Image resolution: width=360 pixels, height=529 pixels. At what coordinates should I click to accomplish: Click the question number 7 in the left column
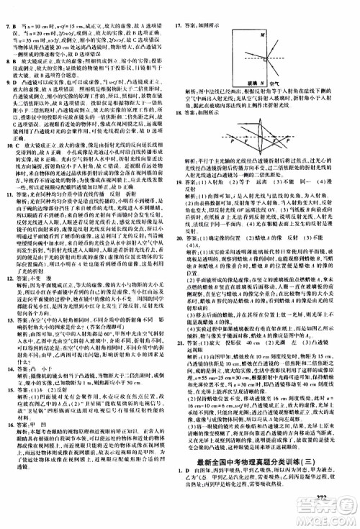tap(6, 6)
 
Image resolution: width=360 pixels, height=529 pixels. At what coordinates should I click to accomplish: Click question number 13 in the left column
tap(7, 317)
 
